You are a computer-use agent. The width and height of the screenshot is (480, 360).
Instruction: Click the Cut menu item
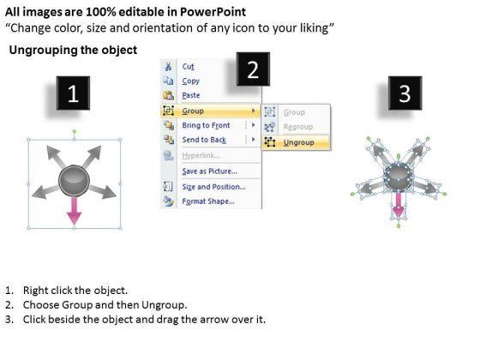pyautogui.click(x=188, y=67)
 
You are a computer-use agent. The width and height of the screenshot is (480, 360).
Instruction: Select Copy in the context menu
pyautogui.click(x=190, y=81)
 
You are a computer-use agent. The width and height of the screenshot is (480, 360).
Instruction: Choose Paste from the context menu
pyautogui.click(x=190, y=95)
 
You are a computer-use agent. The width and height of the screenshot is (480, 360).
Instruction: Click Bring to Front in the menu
pyautogui.click(x=206, y=125)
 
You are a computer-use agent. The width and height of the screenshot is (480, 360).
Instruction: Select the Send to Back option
pyautogui.click(x=204, y=140)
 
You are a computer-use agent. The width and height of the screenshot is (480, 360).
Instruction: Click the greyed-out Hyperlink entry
pyautogui.click(x=201, y=155)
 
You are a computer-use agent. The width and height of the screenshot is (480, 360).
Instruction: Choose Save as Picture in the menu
pyautogui.click(x=209, y=171)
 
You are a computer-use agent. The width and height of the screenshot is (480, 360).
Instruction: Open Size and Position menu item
pyautogui.click(x=213, y=187)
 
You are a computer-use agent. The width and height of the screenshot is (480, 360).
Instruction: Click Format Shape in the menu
pyautogui.click(x=208, y=201)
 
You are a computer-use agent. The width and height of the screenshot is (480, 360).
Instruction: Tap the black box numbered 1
pyautogui.click(x=73, y=93)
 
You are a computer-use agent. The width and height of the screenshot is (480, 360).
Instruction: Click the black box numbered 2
pyautogui.click(x=253, y=69)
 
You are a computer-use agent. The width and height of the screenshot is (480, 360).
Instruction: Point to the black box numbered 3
pyautogui.click(x=405, y=93)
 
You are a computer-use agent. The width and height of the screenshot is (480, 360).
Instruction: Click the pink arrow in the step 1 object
pyautogui.click(x=74, y=211)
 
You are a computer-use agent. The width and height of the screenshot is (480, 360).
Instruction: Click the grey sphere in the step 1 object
pyautogui.click(x=74, y=181)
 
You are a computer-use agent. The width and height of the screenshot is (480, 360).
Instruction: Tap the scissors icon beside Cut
pyautogui.click(x=168, y=67)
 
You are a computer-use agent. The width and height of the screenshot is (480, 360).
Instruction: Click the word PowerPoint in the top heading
pyautogui.click(x=213, y=12)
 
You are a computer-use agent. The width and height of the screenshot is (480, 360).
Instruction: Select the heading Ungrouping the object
pyautogui.click(x=73, y=50)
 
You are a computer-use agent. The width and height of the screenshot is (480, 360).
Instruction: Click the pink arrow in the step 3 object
pyautogui.click(x=399, y=203)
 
